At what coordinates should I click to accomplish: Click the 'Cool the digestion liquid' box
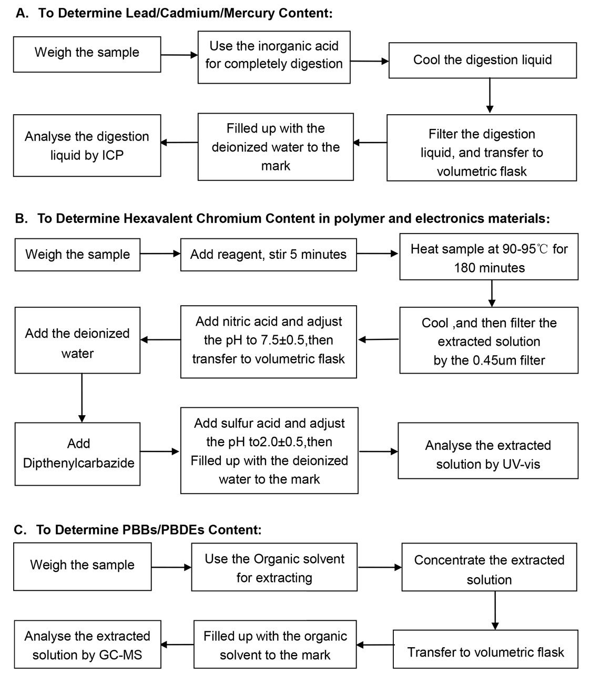(482, 60)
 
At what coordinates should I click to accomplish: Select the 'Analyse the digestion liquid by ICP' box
(87, 146)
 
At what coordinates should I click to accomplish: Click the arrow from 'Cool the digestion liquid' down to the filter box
(490, 95)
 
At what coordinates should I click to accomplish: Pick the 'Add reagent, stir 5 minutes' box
(268, 255)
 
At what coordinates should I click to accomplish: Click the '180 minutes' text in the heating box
(489, 268)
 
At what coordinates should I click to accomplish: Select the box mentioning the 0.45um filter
(489, 341)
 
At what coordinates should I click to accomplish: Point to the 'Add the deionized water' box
(77, 343)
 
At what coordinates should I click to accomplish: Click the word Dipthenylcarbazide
(79, 464)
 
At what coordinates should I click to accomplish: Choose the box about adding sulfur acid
(269, 450)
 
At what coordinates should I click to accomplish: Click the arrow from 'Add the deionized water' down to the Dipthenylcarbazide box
(82, 398)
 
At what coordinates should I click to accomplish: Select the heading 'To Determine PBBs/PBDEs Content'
(148, 529)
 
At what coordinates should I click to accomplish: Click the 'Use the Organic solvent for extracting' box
(274, 568)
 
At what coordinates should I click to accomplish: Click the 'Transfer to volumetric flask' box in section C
(485, 652)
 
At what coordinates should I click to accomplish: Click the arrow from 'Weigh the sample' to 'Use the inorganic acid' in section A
(179, 55)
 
